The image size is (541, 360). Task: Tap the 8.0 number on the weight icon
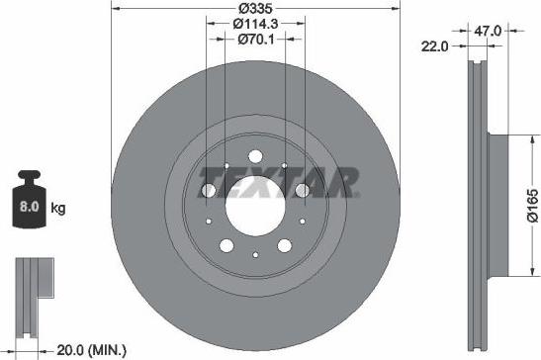click(29, 208)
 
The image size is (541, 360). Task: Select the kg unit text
click(59, 209)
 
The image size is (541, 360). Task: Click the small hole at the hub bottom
click(255, 255)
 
